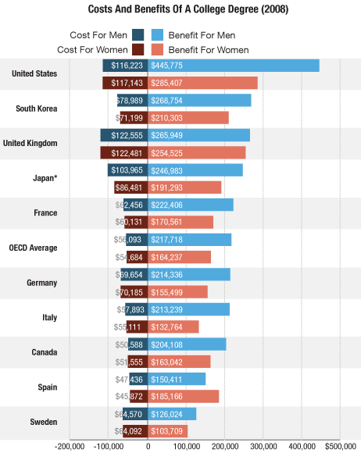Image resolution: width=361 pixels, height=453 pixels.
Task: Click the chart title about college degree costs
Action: pos(180,10)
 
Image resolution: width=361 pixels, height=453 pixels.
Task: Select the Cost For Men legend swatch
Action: pos(138,35)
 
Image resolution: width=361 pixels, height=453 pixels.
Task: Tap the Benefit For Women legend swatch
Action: pos(156,49)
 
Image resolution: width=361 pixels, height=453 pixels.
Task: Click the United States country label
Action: pos(34,73)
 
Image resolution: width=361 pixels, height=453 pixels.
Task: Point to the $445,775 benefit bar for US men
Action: pos(234,66)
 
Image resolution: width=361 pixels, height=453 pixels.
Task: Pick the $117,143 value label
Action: pos(127,83)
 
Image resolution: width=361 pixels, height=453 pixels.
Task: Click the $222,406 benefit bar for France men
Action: pos(191,205)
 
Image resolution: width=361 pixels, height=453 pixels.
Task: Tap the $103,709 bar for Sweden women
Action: pos(168,431)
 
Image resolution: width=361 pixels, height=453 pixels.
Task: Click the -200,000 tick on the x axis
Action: pos(70,446)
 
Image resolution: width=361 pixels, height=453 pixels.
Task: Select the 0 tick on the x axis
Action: pos(148,446)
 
